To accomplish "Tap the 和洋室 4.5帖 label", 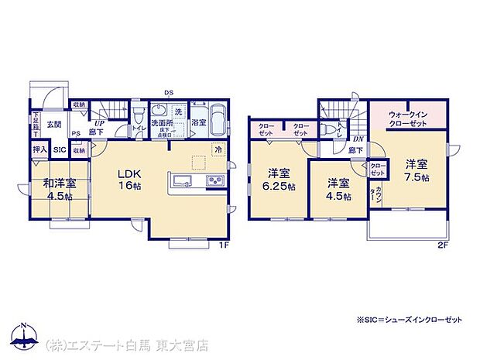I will (60, 190).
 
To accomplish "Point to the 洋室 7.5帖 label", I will (416, 170).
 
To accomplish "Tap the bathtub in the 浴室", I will (216, 121).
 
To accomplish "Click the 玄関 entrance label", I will (53, 124).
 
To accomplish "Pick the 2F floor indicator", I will (443, 246).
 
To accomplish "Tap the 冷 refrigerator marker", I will (218, 150).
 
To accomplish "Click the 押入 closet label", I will (39, 149).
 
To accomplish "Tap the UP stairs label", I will (100, 122).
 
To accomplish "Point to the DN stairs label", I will (358, 138).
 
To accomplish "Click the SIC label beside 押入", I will (59, 150).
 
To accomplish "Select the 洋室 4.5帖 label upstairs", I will (335, 189).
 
